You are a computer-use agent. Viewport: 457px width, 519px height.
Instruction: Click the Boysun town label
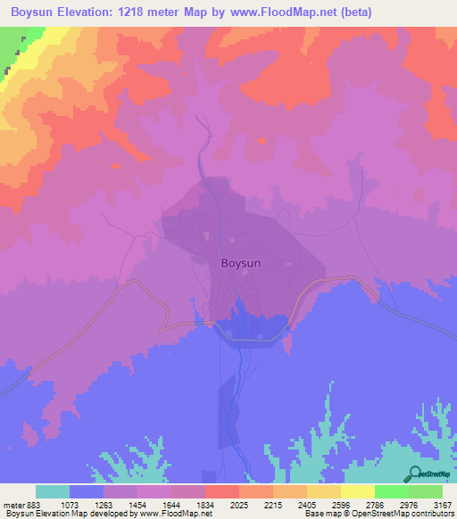[241, 264]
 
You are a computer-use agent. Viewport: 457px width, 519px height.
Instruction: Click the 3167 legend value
[444, 504]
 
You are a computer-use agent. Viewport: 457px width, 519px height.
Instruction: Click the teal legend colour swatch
[53, 491]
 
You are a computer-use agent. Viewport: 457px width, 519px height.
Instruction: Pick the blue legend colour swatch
[87, 491]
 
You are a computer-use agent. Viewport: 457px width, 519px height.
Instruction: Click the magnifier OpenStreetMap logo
[414, 474]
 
